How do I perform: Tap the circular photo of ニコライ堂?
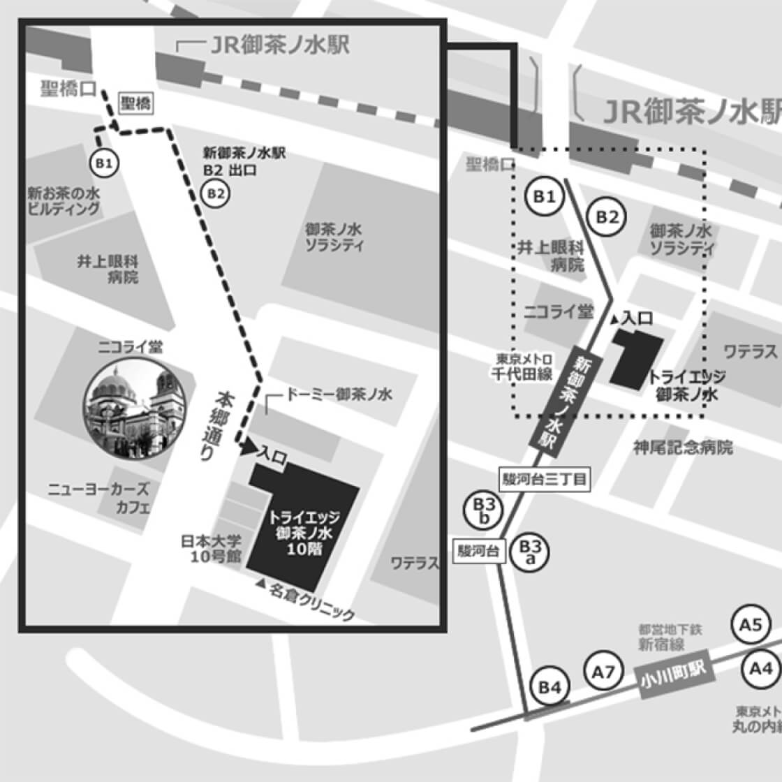[135, 408]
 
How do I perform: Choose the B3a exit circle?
[530, 552]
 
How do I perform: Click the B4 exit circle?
[549, 688]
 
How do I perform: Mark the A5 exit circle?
[751, 625]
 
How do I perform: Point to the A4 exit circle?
[760, 669]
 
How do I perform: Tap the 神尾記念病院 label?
[683, 448]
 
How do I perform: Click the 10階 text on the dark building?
[304, 549]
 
